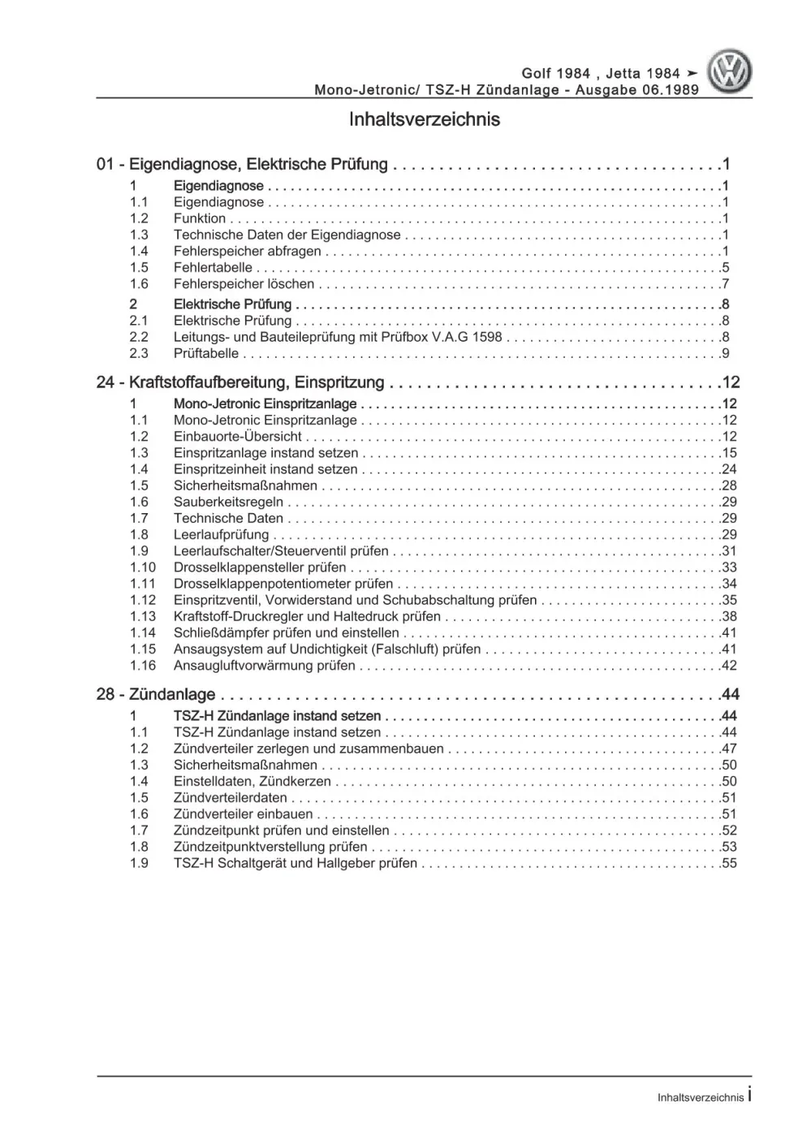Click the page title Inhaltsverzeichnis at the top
point(424,119)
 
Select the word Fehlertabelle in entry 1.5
point(213,267)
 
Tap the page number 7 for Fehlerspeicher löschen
point(725,283)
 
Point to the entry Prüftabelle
point(206,353)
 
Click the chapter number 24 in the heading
point(105,382)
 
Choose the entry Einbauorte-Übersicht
point(238,436)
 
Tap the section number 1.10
point(142,567)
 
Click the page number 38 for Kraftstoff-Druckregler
point(728,616)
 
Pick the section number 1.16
point(142,665)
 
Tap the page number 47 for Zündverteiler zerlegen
point(728,749)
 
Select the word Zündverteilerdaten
point(231,797)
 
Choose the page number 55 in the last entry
point(728,863)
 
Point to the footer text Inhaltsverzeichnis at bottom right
point(700,1097)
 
